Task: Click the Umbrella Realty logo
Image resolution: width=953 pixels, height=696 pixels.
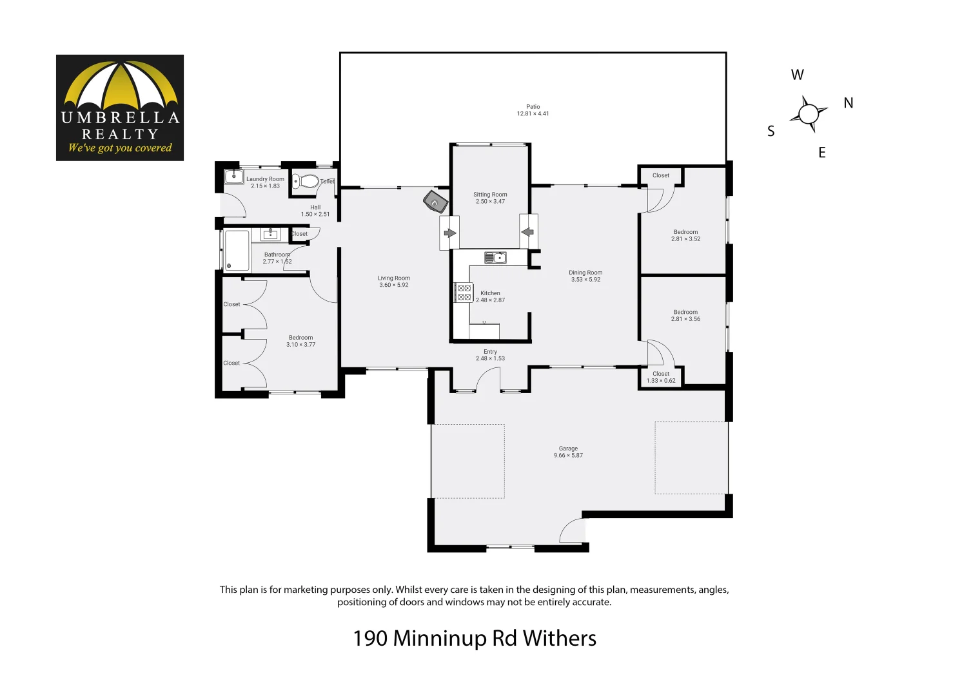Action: pos(120,108)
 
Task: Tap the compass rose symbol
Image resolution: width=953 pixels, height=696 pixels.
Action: pos(808,114)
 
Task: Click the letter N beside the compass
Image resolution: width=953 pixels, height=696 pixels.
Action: pos(848,103)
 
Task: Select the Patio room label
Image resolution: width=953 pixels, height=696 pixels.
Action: pos(533,107)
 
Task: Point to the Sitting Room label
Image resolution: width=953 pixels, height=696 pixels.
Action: pos(490,195)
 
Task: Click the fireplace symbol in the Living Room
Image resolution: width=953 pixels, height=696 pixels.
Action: pos(435,202)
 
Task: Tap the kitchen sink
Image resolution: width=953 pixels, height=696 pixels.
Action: pos(496,258)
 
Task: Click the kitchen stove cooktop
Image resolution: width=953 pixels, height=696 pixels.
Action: pos(464,293)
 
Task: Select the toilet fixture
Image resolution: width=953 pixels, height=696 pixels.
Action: pos(306,181)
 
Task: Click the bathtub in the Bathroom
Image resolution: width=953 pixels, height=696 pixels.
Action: pos(237,251)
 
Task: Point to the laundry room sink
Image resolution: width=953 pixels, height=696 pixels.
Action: pos(233,177)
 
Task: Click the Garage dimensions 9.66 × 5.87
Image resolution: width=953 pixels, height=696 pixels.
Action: pos(568,456)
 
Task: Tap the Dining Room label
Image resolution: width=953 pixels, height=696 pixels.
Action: pos(585,273)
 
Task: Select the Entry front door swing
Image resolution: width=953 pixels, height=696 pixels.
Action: pos(488,380)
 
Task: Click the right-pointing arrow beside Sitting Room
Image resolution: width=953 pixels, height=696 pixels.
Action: pos(449,233)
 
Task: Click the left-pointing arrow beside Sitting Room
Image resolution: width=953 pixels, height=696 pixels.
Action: pos(528,232)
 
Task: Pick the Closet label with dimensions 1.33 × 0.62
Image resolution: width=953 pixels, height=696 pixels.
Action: pos(661,377)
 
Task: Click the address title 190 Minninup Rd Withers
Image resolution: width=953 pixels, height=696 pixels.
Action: pos(475,638)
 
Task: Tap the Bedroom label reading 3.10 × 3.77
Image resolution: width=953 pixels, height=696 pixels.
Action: pos(300,341)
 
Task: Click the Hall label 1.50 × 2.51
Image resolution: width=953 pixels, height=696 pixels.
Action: pos(315,211)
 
